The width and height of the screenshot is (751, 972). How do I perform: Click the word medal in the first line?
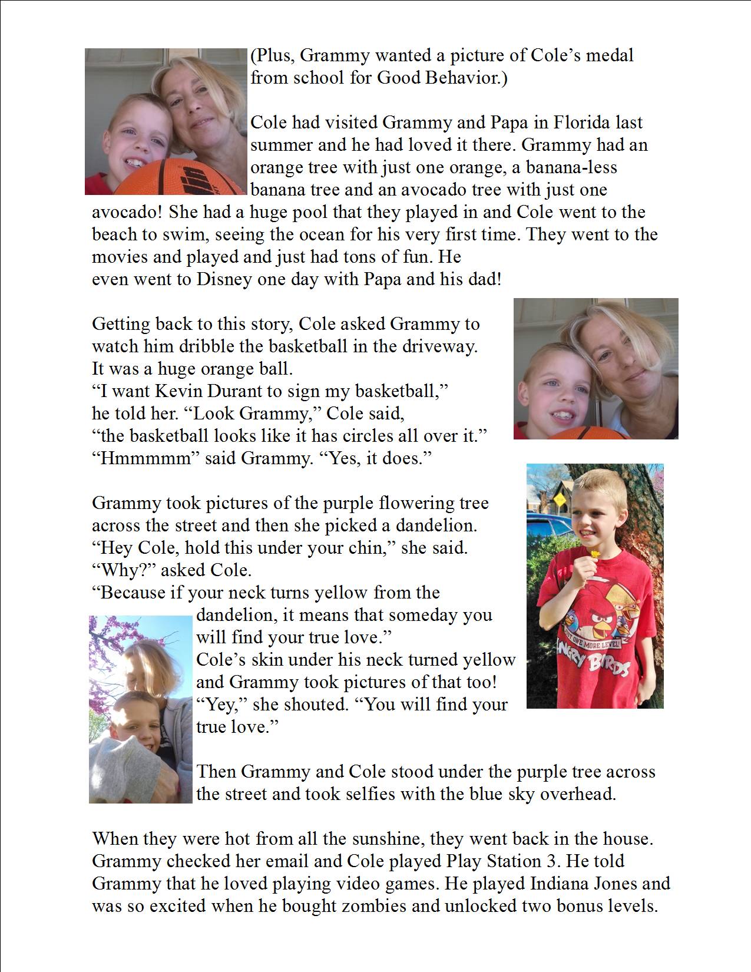tap(610, 56)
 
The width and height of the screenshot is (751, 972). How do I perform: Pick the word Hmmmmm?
tap(146, 458)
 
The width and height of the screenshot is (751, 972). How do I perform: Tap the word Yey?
tap(220, 705)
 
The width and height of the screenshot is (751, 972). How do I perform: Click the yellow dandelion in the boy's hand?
tap(595, 553)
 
